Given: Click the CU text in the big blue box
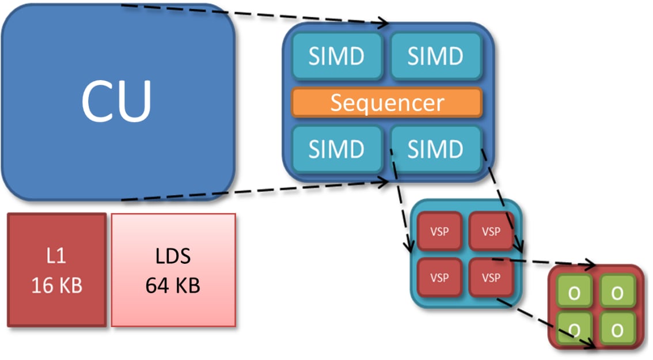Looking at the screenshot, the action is [x=116, y=101].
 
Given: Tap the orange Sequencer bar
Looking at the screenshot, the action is [x=387, y=103].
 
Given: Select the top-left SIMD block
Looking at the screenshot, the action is [x=337, y=56].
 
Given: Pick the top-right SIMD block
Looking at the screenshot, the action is [x=436, y=56].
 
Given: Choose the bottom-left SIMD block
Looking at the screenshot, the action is [x=337, y=149].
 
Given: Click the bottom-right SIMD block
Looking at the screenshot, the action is [x=436, y=149].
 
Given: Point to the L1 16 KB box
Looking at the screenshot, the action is [x=57, y=270].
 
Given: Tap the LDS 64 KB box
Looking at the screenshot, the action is [x=173, y=270].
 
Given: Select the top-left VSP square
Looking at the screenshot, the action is [x=440, y=231].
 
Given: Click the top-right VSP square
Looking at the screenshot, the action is [x=491, y=231].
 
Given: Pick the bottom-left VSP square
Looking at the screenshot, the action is [x=440, y=278].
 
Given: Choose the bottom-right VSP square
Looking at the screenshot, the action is [x=491, y=278].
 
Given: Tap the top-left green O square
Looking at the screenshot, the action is [x=574, y=291].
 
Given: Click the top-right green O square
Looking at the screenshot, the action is [x=617, y=291].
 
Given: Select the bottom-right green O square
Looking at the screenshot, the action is [x=617, y=329].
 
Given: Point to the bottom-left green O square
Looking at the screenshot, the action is [x=574, y=329].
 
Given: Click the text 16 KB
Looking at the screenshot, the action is [x=57, y=286].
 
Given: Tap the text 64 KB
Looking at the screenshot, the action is [x=173, y=286].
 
